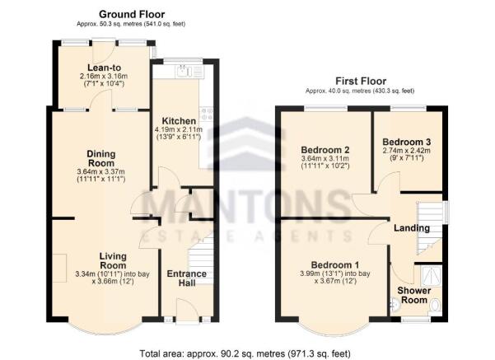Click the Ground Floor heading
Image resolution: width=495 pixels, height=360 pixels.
tap(132, 14)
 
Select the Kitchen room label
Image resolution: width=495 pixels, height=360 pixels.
tap(180, 120)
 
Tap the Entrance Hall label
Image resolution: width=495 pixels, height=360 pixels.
tap(186, 279)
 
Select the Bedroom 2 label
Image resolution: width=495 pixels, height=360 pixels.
tap(325, 150)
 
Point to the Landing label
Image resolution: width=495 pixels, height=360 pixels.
tap(411, 228)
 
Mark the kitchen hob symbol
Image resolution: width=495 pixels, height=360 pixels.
tap(207, 115)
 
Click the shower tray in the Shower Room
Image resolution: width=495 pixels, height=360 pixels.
tap(430, 274)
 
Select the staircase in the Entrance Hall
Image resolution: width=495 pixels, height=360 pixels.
tap(203, 247)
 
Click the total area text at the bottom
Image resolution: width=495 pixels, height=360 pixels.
tap(247, 353)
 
